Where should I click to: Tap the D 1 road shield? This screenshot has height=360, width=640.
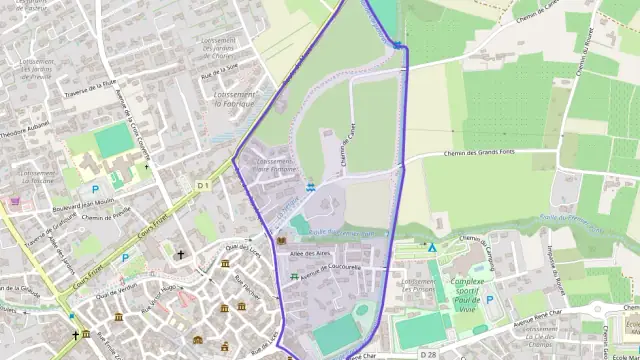(x=201, y=185)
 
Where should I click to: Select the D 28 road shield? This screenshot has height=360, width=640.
(x=429, y=355)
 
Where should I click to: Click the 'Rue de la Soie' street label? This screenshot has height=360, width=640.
(x=219, y=72)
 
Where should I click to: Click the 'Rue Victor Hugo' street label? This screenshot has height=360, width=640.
(x=152, y=301)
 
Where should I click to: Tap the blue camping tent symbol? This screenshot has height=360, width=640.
(x=432, y=247)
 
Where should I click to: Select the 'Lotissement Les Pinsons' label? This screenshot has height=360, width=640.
(x=419, y=285)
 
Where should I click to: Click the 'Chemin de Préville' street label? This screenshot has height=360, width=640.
(x=107, y=217)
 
